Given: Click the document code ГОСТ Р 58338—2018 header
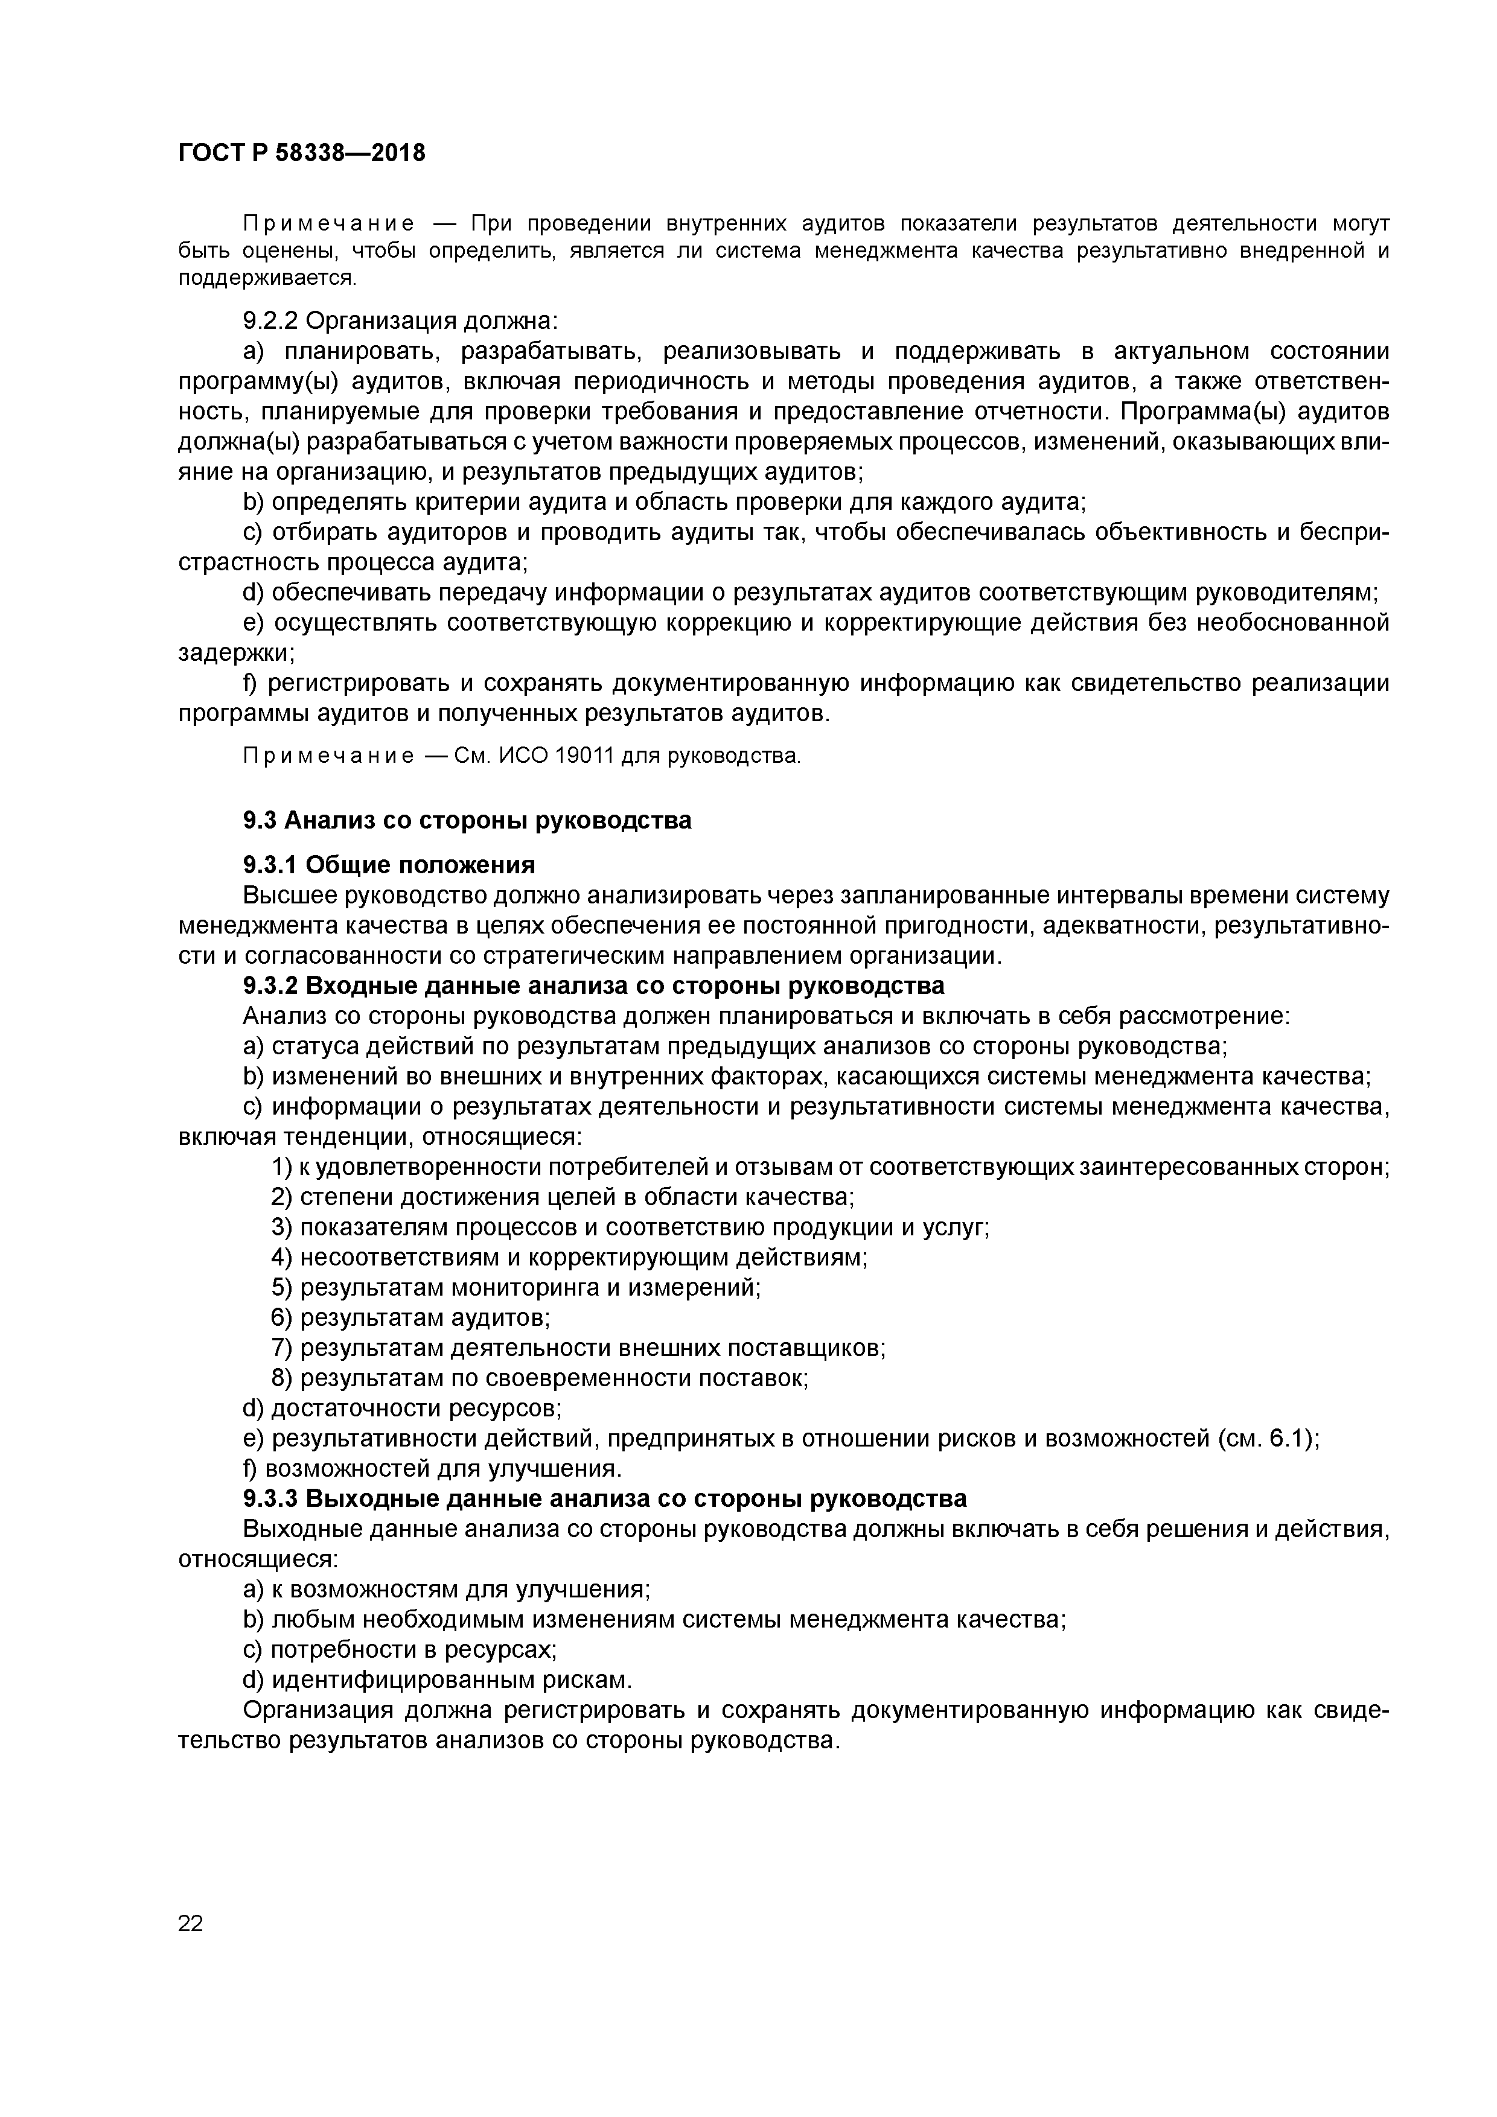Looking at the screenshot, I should [x=302, y=152].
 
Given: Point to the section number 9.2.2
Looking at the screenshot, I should [x=270, y=321].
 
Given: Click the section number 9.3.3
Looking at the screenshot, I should [x=270, y=1498].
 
